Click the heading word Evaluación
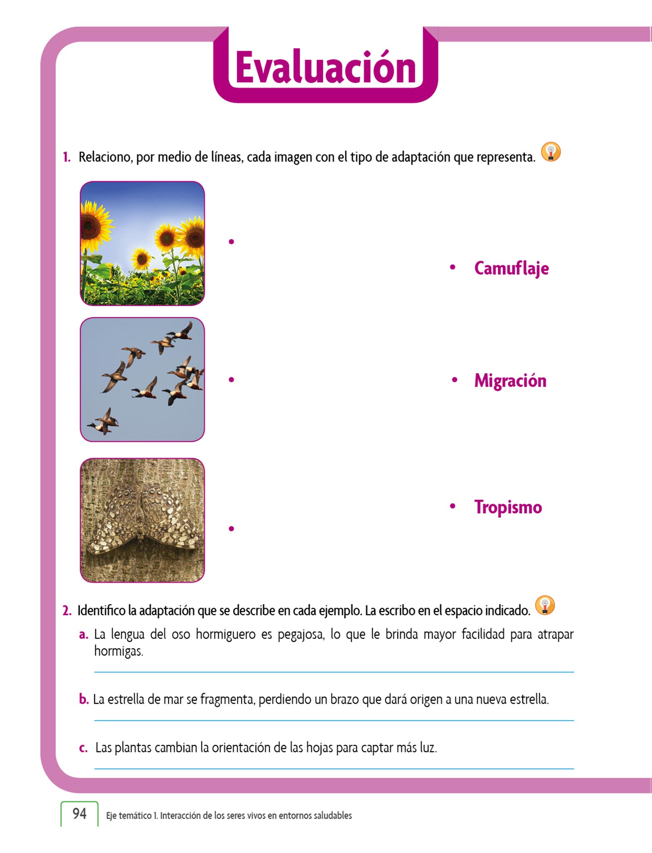[x=326, y=68]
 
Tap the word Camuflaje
[x=511, y=268]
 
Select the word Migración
[x=510, y=381]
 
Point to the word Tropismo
[x=508, y=507]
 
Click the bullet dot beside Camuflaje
[x=453, y=267]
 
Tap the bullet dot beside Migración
[x=454, y=380]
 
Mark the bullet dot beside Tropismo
[x=453, y=506]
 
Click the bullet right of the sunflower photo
[x=231, y=242]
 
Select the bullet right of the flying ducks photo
[x=231, y=379]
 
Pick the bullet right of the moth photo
[x=231, y=529]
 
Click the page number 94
[x=79, y=813]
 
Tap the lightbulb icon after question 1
[x=551, y=152]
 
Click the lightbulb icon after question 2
[x=545, y=606]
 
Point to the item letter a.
[x=83, y=635]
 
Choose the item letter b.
[x=84, y=699]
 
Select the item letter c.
[x=83, y=748]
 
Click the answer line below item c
[x=334, y=768]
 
